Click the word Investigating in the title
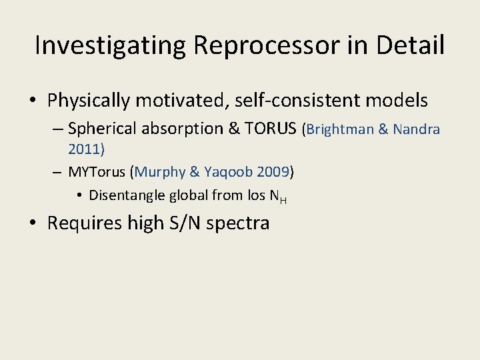point(111,46)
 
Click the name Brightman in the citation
point(339,129)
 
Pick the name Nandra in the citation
point(416,129)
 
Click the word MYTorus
point(98,171)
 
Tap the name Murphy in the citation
point(160,171)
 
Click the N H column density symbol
point(279,196)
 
